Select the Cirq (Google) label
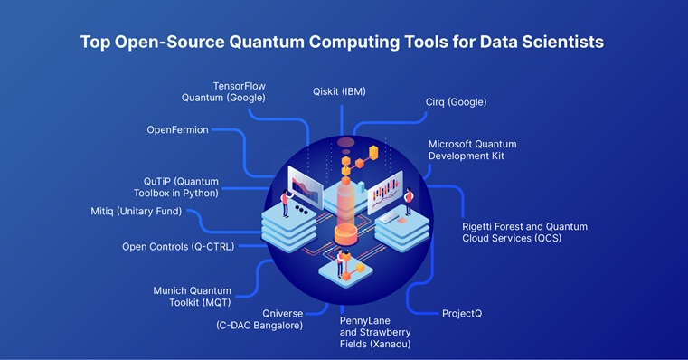(456, 102)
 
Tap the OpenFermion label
(177, 130)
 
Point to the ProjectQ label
(461, 313)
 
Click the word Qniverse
(279, 313)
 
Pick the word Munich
(171, 290)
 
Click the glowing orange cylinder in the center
(344, 217)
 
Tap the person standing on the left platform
(285, 203)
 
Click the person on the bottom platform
(340, 262)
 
